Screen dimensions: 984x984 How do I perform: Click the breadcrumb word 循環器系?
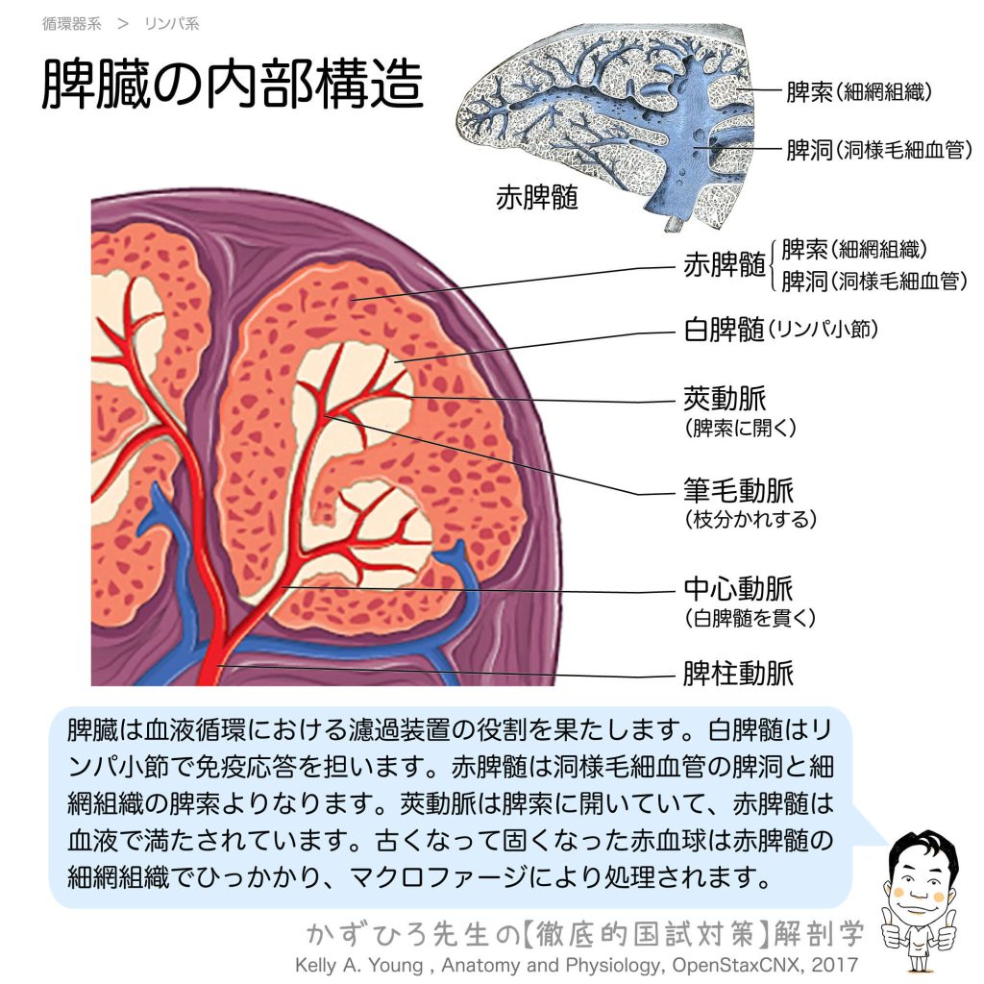pyautogui.click(x=71, y=24)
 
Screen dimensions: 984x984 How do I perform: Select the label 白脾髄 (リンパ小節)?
pyautogui.click(x=779, y=331)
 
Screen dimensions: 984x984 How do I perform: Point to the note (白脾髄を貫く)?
pyautogui.click(x=750, y=618)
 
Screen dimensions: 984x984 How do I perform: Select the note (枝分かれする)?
pyautogui.click(x=750, y=520)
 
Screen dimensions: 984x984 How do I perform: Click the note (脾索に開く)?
pyautogui.click(x=740, y=428)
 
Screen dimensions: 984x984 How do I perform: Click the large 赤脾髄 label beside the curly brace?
pyautogui.click(x=724, y=266)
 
